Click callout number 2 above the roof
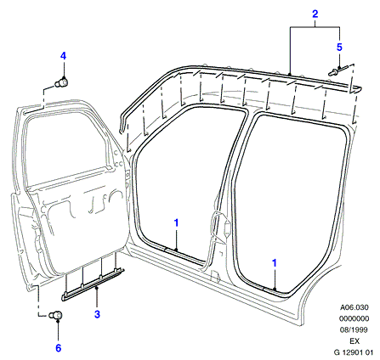(315, 14)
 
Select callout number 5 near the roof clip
(339, 47)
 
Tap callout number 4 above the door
(63, 56)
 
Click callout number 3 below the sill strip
(97, 314)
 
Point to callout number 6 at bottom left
(58, 348)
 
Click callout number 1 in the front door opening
(176, 223)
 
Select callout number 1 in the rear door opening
(275, 263)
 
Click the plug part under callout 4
(62, 82)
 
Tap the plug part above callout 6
(55, 315)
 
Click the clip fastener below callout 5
(338, 70)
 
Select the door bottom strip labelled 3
(93, 284)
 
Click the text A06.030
(354, 307)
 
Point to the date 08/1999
(354, 329)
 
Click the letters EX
(354, 341)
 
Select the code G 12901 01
(353, 352)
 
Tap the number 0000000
(354, 318)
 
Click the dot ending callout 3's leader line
(97, 288)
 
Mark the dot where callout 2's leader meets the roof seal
(290, 74)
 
